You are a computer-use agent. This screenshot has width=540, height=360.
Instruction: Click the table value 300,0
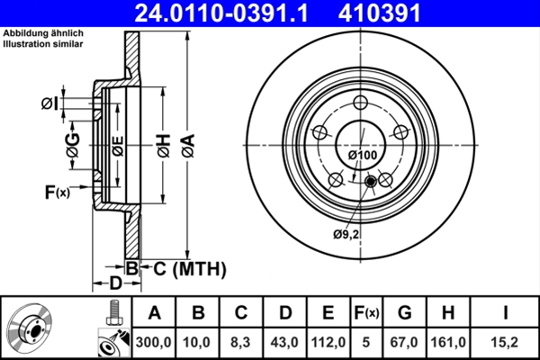(154, 343)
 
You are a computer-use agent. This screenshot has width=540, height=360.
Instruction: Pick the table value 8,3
(241, 343)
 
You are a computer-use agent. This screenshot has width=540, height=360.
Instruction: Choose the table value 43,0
(285, 343)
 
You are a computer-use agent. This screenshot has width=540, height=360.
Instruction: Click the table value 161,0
(447, 343)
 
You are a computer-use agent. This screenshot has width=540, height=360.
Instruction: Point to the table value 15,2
(504, 343)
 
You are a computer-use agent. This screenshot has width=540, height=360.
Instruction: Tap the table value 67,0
(404, 343)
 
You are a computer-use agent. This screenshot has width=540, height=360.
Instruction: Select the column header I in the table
(504, 313)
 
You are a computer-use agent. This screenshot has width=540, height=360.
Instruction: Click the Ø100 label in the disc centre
(362, 156)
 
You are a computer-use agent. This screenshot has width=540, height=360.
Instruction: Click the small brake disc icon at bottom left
(33, 328)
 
